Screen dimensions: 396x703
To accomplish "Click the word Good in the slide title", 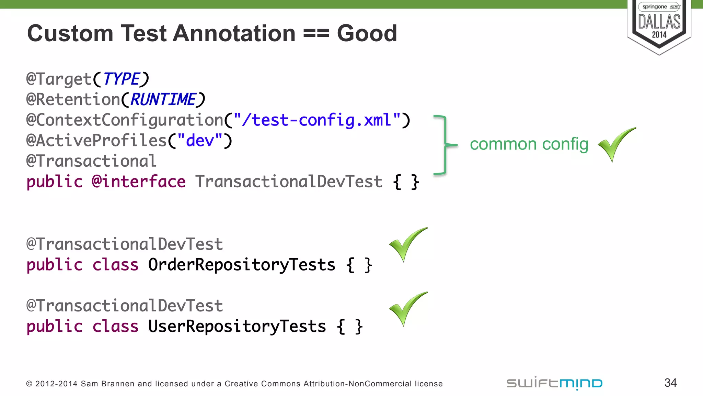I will pyautogui.click(x=367, y=33).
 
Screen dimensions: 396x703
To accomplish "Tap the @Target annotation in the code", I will pyautogui.click(x=59, y=79).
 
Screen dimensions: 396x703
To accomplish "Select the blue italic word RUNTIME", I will pyautogui.click(x=163, y=100).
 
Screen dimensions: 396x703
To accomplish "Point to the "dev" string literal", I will pyautogui.click(x=200, y=141).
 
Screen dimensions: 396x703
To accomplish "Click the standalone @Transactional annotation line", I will pyautogui.click(x=91, y=161).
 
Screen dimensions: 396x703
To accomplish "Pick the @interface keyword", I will pyautogui.click(x=139, y=181).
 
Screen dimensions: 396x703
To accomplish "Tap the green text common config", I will pyautogui.click(x=529, y=144).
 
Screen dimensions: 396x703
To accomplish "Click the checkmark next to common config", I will pyautogui.click(x=615, y=144).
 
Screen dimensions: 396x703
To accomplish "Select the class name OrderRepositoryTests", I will pyautogui.click(x=242, y=265).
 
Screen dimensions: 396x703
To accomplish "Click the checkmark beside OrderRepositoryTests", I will pyautogui.click(x=407, y=244).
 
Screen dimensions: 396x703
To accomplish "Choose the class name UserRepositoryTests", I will pyautogui.click(x=237, y=326).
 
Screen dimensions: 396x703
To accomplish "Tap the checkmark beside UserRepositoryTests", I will pyautogui.click(x=407, y=308).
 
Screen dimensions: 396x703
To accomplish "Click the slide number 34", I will pyautogui.click(x=670, y=383).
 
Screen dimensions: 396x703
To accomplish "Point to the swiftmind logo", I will pyautogui.click(x=554, y=383).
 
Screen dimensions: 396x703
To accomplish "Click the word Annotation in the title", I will pyautogui.click(x=234, y=33).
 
